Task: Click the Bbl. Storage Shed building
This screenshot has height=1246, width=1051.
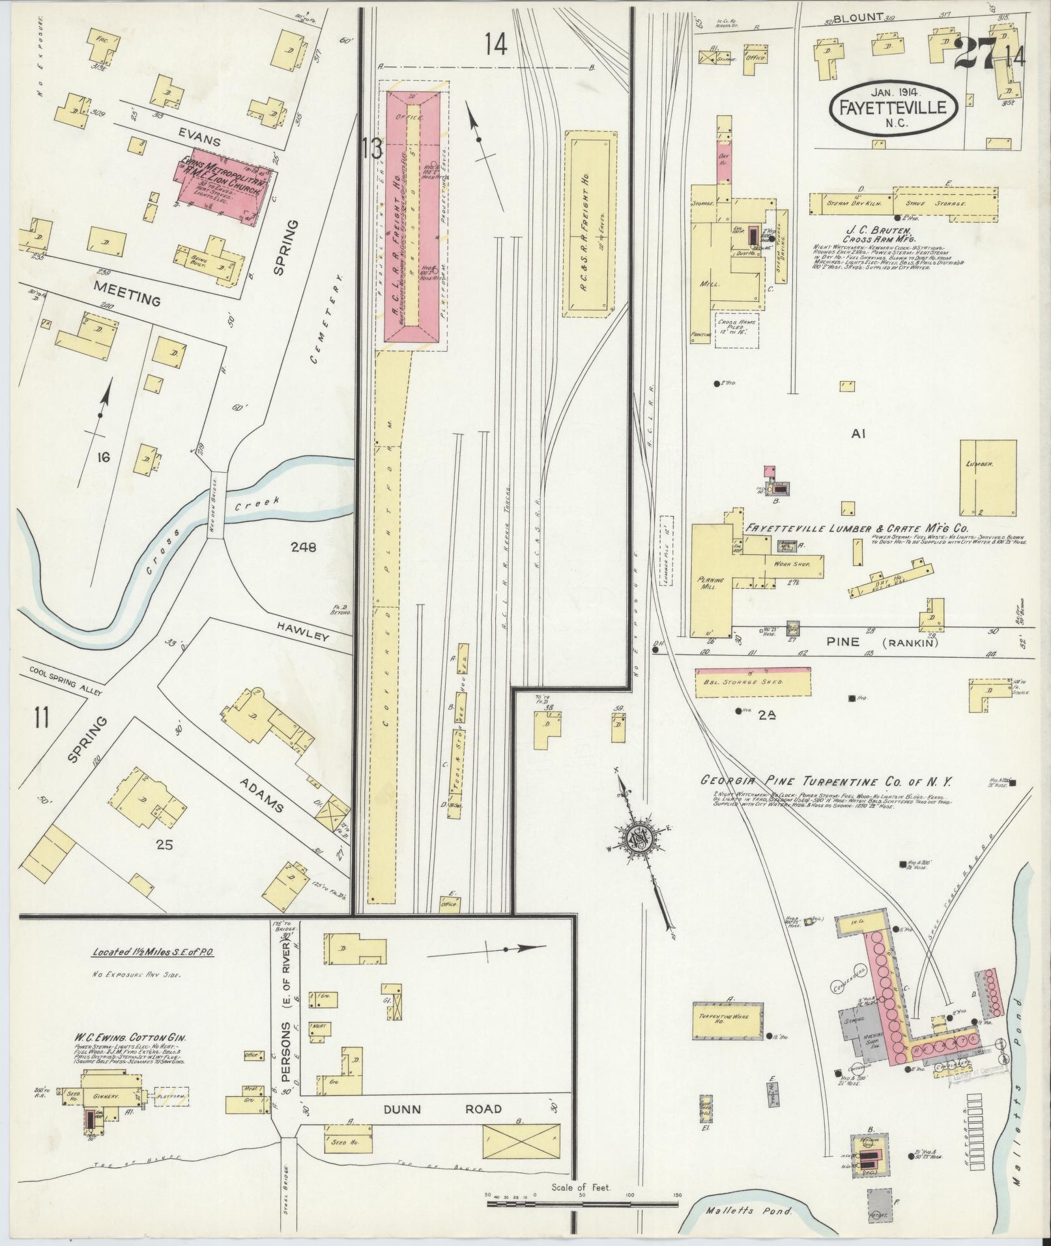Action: (754, 681)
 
